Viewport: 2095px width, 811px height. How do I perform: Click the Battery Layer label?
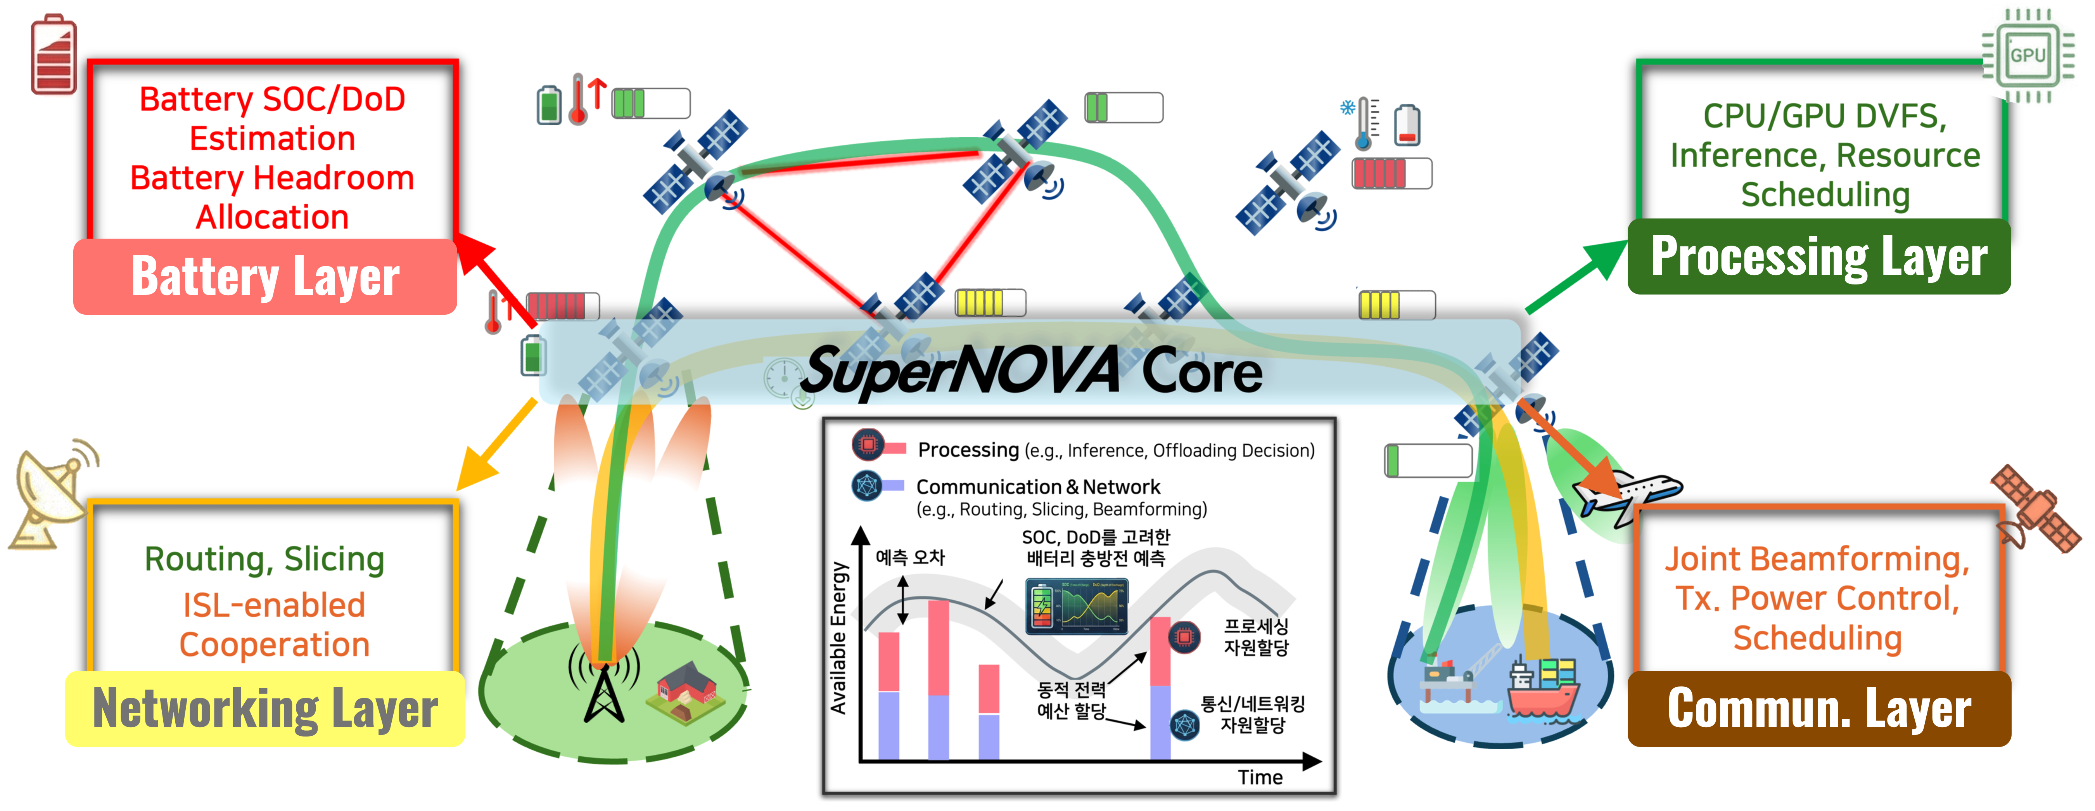tap(265, 277)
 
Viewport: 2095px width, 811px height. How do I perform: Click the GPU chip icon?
tap(2027, 55)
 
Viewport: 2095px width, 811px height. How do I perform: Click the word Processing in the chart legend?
tap(968, 450)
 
